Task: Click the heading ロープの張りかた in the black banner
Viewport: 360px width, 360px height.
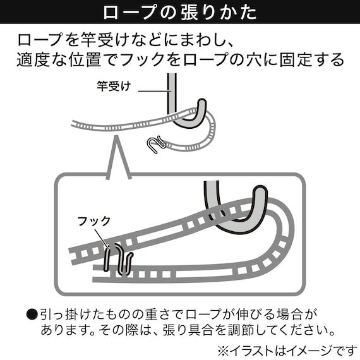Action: coord(179,13)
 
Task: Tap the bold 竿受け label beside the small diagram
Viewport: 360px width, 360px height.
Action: coord(114,87)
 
